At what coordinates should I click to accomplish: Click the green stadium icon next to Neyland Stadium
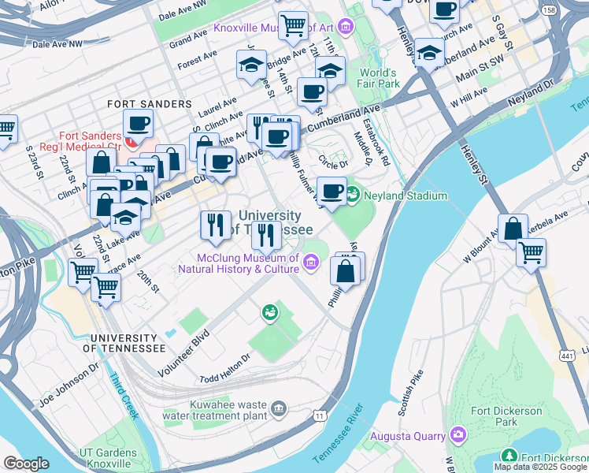[354, 192]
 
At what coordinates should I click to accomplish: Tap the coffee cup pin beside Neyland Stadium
[332, 191]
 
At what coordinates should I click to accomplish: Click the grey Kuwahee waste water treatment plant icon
[278, 408]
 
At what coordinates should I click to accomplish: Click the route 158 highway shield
[548, 10]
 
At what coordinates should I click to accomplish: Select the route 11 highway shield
[320, 415]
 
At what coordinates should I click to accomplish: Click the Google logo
[27, 463]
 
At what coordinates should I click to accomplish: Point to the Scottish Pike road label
[411, 393]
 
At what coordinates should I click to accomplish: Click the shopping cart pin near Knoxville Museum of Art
[293, 25]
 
